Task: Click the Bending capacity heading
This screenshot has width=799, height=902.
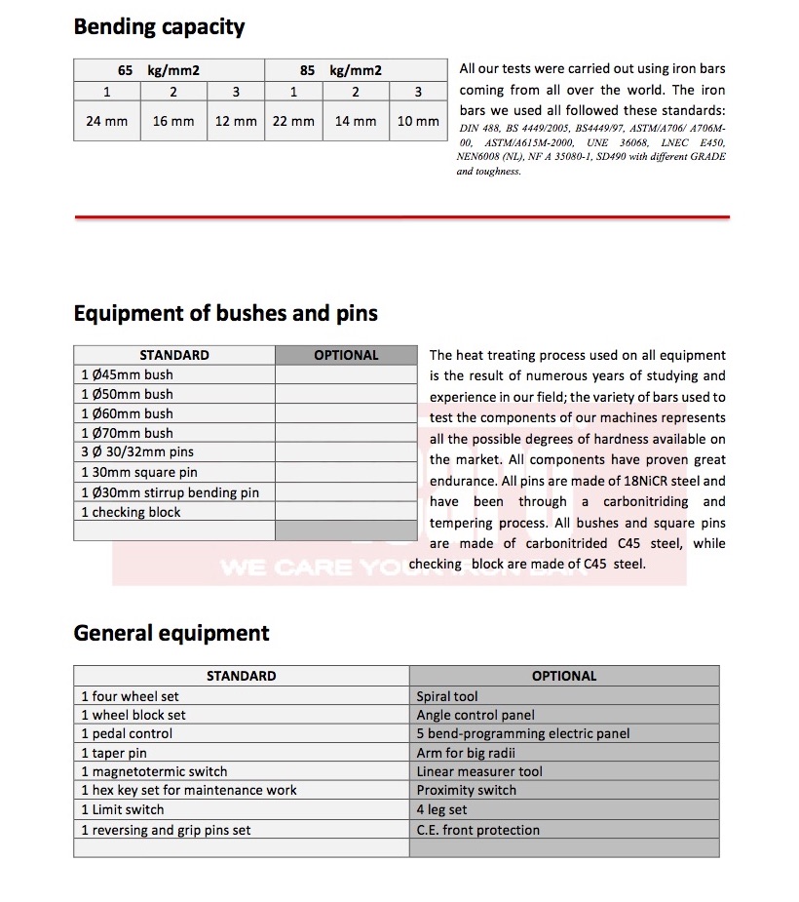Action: tap(159, 26)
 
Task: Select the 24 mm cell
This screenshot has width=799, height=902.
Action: tap(107, 122)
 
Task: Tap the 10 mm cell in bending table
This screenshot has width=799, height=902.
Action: tap(418, 122)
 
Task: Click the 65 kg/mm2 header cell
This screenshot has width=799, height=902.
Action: tap(169, 70)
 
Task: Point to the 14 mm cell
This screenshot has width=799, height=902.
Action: tap(356, 122)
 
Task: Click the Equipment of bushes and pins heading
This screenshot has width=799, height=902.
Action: tap(225, 313)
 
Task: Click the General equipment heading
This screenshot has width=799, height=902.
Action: tap(171, 633)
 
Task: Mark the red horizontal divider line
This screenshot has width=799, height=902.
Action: tap(401, 216)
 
